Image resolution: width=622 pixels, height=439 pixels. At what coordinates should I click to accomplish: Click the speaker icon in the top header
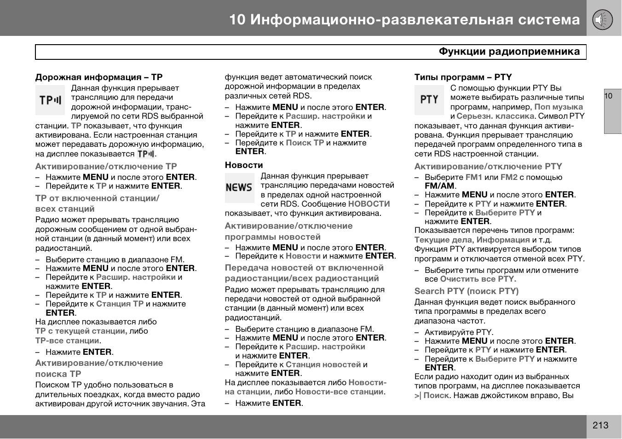[x=602, y=20]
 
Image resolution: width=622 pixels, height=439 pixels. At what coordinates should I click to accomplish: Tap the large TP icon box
[x=50, y=100]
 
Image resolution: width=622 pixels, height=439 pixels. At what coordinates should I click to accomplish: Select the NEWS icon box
[x=239, y=188]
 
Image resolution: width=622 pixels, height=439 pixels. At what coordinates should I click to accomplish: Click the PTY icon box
[x=429, y=100]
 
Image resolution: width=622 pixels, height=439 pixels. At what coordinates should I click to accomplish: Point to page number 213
[x=600, y=425]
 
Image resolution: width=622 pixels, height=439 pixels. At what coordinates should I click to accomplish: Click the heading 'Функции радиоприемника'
[x=509, y=52]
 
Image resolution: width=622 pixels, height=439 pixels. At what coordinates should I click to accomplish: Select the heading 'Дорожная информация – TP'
[x=99, y=77]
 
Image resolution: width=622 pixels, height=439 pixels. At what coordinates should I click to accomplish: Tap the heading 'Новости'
[x=244, y=165]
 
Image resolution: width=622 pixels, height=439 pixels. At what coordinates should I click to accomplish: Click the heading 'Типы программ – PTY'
[x=463, y=77]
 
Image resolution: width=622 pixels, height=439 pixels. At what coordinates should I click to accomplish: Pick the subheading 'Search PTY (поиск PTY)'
[x=466, y=291]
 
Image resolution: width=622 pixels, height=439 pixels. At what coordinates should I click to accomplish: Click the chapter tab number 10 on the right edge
[x=609, y=96]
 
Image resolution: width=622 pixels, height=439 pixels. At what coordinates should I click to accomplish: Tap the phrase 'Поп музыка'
[x=559, y=107]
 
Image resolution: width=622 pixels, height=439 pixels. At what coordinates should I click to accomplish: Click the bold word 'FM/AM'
[x=439, y=186]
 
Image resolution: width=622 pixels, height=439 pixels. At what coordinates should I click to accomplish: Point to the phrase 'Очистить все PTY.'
[x=478, y=279]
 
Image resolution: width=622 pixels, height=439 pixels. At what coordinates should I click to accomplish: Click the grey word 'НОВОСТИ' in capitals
[x=369, y=204]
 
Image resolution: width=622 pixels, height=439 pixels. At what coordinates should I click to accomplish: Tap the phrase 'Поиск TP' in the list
[x=305, y=143]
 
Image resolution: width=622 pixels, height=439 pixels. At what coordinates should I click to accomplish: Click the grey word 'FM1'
[x=474, y=177]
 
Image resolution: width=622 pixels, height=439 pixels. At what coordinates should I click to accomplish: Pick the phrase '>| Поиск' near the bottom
[x=432, y=395]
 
